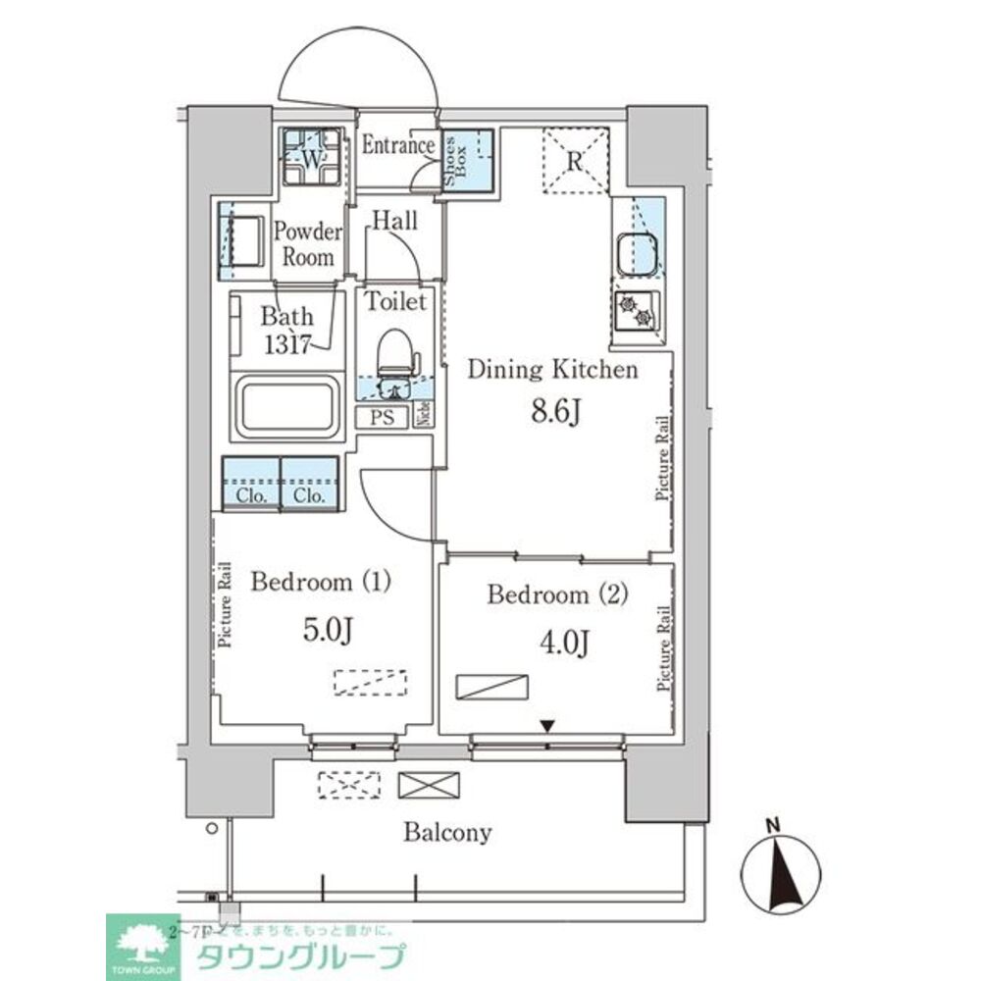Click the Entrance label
398,146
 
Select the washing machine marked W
312,157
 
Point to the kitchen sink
637,253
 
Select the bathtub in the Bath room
286,408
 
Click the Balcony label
447,834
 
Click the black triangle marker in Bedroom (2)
548,727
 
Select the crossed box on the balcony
428,786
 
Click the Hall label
394,221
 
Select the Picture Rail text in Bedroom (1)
225,604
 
